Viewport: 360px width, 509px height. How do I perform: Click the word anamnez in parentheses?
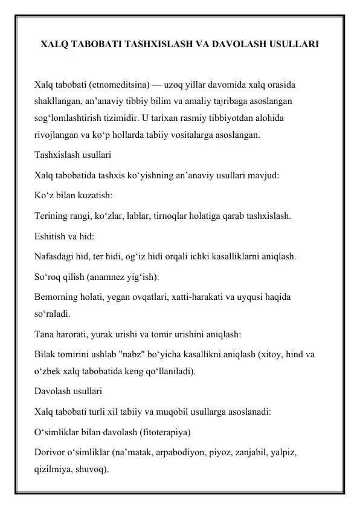104,275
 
